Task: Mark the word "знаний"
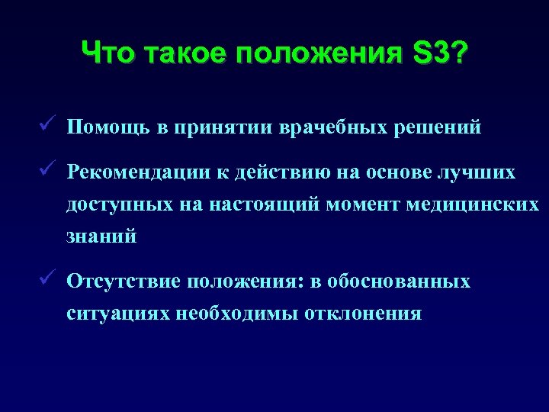pos(101,237)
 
